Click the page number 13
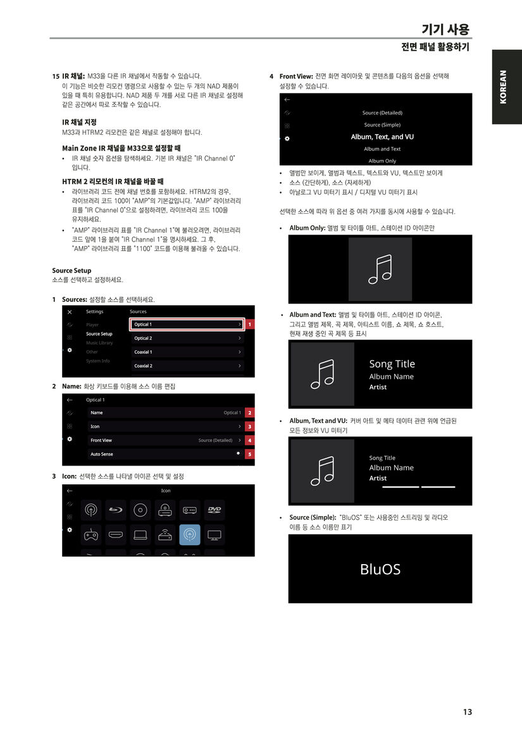[x=468, y=711]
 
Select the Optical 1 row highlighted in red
[x=187, y=324]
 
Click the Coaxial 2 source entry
[x=187, y=366]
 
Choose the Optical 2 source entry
[x=187, y=338]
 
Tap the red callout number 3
[x=250, y=426]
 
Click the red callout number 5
[x=250, y=454]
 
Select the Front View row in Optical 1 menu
[x=165, y=440]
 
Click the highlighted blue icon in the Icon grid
[x=190, y=534]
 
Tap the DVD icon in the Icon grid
[x=214, y=510]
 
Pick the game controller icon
[x=91, y=534]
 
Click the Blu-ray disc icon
[x=115, y=510]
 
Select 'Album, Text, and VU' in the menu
[x=382, y=137]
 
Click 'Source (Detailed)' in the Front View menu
[x=382, y=113]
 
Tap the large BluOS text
[x=380, y=569]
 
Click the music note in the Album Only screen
[x=380, y=269]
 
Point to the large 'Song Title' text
[x=392, y=364]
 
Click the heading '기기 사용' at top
[x=445, y=29]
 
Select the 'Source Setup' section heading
[x=71, y=271]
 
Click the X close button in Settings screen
[x=70, y=312]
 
